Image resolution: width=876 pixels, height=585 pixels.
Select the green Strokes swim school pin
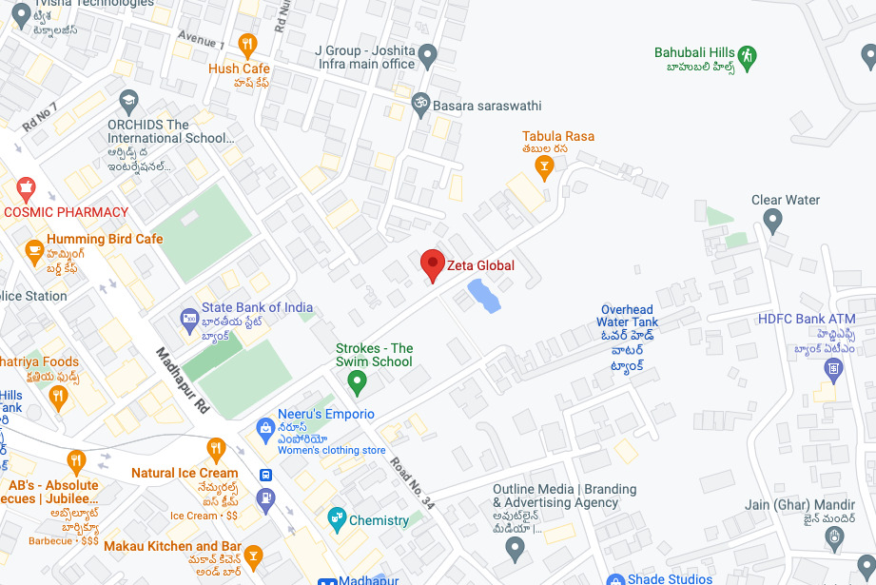pyautogui.click(x=357, y=382)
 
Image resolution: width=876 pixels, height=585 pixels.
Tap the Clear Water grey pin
pyautogui.click(x=772, y=222)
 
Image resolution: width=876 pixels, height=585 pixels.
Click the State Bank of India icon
pyautogui.click(x=189, y=317)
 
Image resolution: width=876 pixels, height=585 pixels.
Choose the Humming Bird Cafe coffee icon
pyautogui.click(x=35, y=251)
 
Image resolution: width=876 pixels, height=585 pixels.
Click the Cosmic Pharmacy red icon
pyautogui.click(x=26, y=186)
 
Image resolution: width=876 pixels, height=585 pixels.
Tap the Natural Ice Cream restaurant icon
pyautogui.click(x=216, y=448)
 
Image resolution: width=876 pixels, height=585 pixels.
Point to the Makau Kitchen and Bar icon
pyautogui.click(x=253, y=555)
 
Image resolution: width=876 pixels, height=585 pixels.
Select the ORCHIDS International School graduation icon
pyautogui.click(x=128, y=100)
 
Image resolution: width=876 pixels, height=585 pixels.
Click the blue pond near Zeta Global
pyautogui.click(x=483, y=296)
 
